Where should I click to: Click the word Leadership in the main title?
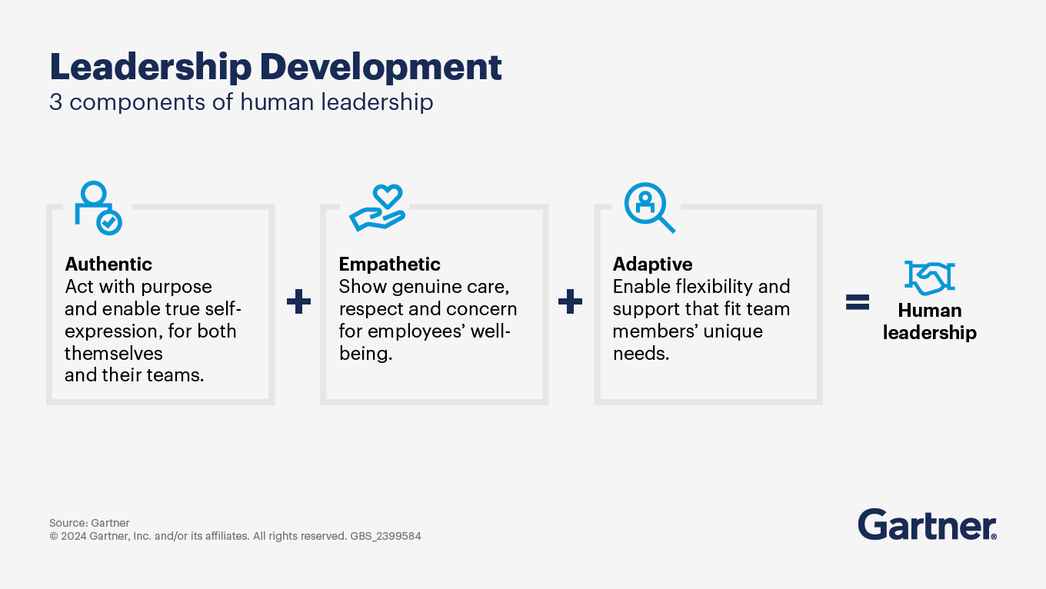(151, 68)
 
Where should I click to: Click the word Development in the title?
(381, 68)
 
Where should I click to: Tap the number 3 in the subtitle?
(55, 101)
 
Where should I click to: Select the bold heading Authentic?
(108, 265)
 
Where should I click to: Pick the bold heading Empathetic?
(389, 265)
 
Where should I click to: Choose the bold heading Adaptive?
(652, 265)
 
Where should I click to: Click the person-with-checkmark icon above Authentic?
(98, 208)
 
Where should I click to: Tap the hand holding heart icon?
(378, 208)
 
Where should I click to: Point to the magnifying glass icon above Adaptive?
(650, 208)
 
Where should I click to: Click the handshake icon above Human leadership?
(930, 278)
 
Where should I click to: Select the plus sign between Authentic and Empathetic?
(299, 301)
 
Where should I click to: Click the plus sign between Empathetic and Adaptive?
(570, 301)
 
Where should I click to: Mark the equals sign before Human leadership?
(858, 302)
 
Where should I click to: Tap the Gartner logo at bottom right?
(928, 524)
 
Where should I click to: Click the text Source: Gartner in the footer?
(89, 523)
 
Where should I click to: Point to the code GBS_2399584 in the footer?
(386, 536)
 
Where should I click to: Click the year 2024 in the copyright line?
(74, 536)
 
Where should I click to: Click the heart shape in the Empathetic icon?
(388, 196)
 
